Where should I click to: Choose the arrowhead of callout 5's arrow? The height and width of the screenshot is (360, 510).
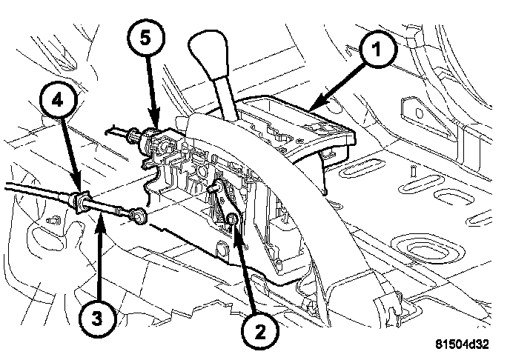pos(156,125)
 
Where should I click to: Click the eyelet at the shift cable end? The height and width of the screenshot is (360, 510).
pos(139,216)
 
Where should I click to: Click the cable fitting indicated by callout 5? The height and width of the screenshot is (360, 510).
pos(152,136)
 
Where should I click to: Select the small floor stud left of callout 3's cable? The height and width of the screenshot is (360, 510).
pos(53,220)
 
